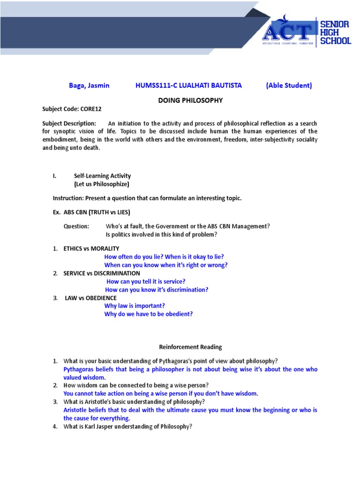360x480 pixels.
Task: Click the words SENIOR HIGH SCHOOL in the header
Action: pos(335,32)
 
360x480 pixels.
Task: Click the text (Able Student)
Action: pos(289,85)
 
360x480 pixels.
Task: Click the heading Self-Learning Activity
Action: pos(102,176)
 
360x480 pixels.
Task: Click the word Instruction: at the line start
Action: pos(68,198)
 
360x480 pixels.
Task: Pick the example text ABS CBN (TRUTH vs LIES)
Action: pos(97,212)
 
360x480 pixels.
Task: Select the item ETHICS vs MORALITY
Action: pos(91,248)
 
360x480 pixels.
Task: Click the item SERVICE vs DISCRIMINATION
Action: pos(102,273)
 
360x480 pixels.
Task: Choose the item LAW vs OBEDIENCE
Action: pos(90,298)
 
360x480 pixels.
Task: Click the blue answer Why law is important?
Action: pos(134,306)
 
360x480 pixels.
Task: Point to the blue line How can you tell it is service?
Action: pos(146,281)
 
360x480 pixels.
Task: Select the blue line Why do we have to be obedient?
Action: pos(148,314)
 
